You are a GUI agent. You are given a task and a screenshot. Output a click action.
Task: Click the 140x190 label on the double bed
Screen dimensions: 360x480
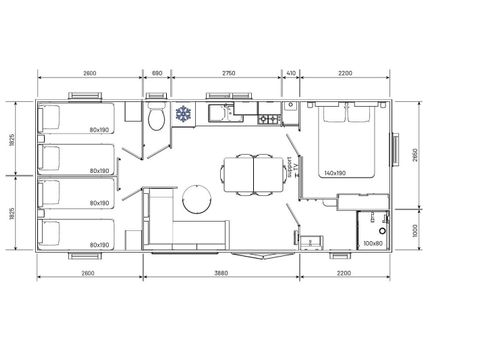tap(335, 172)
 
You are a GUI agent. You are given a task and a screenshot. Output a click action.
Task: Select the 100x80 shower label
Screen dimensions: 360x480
tap(372, 243)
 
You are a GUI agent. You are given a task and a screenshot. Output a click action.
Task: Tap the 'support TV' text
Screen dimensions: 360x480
tap(290, 165)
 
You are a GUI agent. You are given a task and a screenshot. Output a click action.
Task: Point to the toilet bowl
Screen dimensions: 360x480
tap(155, 120)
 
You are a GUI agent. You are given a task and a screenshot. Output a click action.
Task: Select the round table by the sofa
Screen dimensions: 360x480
tap(197, 197)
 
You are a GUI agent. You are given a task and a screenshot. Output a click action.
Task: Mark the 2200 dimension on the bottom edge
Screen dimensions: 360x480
tap(346, 272)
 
